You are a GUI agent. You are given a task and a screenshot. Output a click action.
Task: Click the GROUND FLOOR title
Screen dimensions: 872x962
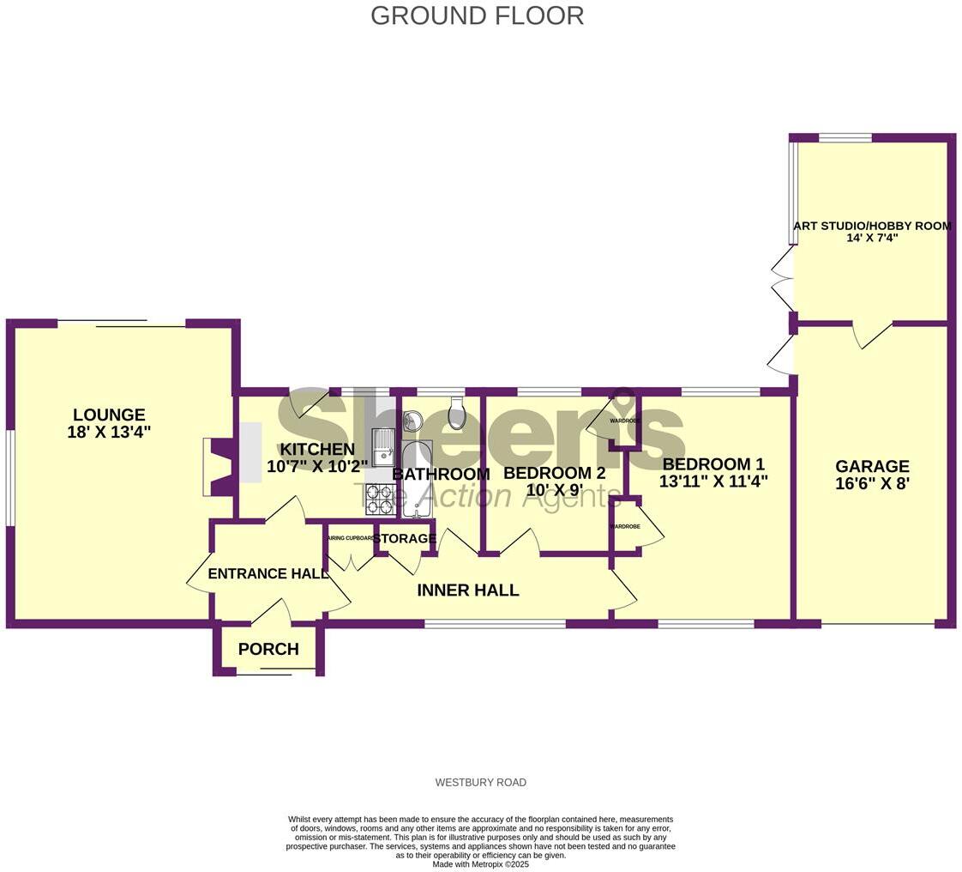(x=477, y=15)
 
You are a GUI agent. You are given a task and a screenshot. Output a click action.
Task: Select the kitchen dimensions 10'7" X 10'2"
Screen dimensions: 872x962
(x=317, y=467)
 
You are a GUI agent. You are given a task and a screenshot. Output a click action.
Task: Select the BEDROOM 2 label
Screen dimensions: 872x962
(x=554, y=473)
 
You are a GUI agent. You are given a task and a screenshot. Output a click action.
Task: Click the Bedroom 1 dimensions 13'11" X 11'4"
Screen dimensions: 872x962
(x=712, y=481)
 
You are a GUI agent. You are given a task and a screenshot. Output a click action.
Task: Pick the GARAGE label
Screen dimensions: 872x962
(x=872, y=466)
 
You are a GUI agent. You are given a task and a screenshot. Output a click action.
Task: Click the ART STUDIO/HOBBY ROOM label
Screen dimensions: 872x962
(x=872, y=227)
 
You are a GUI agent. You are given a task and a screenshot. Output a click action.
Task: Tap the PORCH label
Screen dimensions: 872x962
(x=268, y=650)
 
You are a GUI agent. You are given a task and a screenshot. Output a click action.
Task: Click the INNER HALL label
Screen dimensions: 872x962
(x=468, y=590)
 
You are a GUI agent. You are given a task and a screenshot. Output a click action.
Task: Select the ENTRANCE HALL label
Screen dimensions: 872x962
(x=268, y=574)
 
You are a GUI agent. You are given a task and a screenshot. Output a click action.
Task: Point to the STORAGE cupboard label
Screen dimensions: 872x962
(x=405, y=539)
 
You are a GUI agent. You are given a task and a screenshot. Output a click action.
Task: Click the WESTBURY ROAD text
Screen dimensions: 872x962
(x=480, y=783)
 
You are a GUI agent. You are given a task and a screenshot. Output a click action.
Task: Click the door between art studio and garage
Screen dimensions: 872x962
(x=873, y=335)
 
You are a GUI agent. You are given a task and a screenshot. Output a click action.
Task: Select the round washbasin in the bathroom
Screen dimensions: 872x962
(x=412, y=420)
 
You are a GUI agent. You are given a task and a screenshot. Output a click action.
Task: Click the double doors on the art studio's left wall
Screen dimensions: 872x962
(x=782, y=280)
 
